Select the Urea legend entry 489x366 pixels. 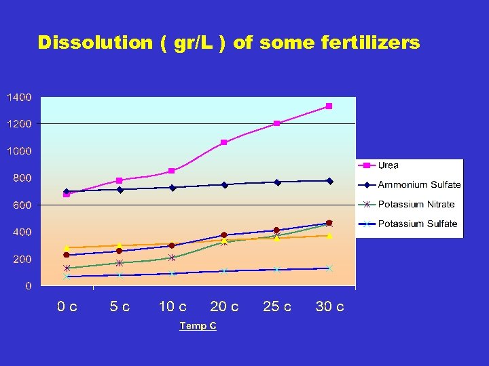(388, 165)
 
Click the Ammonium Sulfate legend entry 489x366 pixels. (419, 185)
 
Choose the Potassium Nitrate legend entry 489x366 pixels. (416, 205)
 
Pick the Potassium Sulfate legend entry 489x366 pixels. (417, 224)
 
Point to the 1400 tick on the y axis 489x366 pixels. (18, 97)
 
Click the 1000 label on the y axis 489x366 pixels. (18, 151)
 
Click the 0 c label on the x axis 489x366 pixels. (67, 307)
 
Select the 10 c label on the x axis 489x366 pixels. (173, 307)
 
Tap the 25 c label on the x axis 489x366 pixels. (277, 307)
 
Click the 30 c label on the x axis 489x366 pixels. (329, 307)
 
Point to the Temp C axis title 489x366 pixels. (198, 326)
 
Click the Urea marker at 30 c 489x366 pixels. (329, 106)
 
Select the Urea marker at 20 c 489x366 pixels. (224, 142)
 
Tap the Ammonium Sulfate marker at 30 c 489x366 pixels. (329, 181)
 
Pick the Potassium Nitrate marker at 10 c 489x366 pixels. (172, 258)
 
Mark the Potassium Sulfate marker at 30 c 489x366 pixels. (329, 268)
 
